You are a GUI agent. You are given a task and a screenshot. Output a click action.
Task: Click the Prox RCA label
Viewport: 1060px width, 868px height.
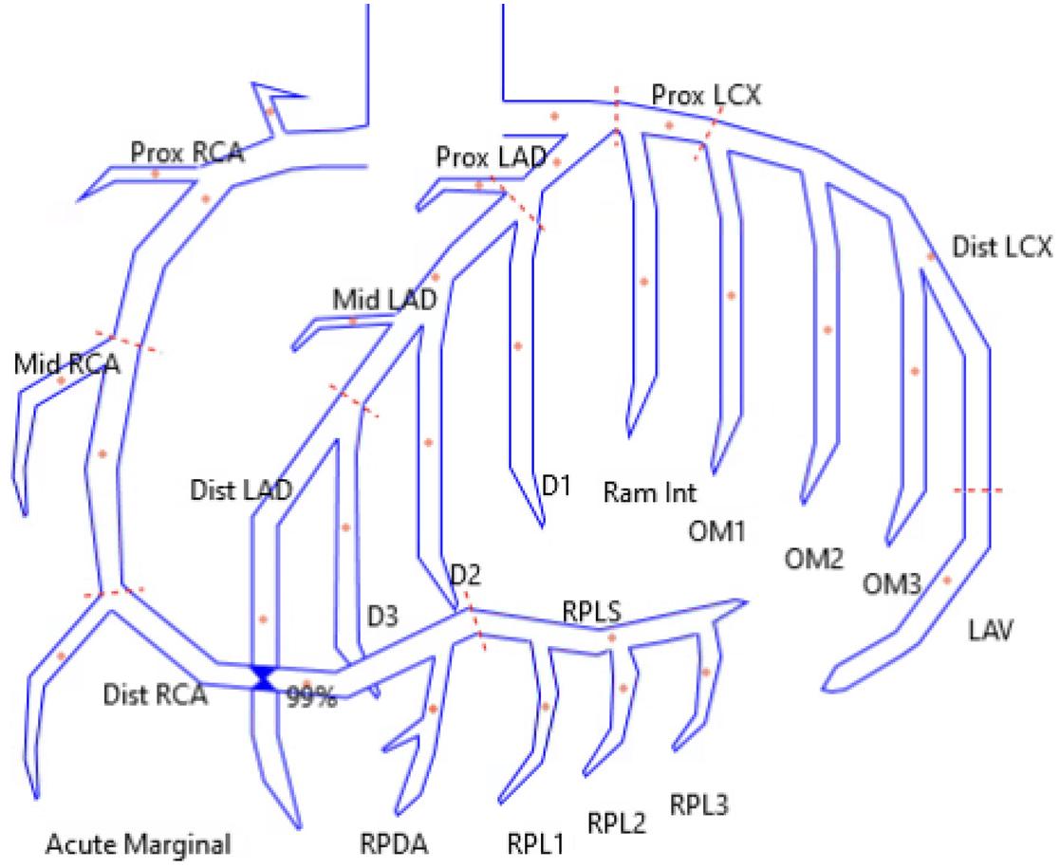coord(187,152)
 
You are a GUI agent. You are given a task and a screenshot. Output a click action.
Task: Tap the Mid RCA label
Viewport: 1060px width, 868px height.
coord(66,364)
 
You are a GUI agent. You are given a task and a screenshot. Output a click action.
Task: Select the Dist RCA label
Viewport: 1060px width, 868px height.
coord(154,695)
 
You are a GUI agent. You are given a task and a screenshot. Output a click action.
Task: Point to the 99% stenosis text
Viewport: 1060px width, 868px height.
coord(312,697)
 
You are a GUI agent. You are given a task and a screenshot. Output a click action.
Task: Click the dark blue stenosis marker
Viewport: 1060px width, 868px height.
coord(264,676)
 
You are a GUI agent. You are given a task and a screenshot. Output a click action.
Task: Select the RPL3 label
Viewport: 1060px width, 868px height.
coord(699,805)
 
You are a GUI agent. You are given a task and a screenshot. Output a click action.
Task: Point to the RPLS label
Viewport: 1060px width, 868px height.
coord(592,612)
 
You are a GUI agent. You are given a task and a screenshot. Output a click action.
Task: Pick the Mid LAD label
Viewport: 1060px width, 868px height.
coord(384,300)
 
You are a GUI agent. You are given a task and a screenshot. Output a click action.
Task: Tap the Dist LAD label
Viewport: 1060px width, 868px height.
coord(241,489)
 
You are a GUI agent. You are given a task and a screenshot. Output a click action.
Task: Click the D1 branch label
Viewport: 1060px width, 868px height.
coord(555,487)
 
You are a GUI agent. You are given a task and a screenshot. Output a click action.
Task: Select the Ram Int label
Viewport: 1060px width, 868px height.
coord(650,492)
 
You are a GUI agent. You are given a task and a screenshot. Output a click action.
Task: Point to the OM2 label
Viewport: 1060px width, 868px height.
coord(813,558)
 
